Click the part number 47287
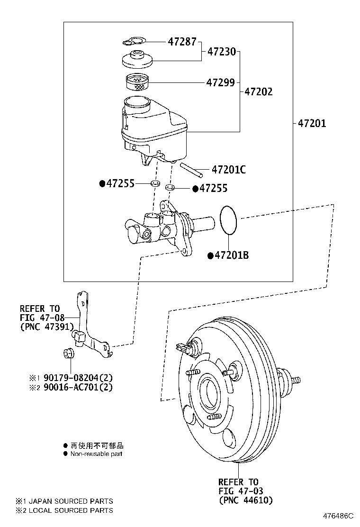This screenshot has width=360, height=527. click(182, 42)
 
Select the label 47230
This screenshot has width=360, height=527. click(221, 52)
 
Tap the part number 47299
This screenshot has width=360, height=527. click(220, 82)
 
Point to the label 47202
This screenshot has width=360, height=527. click(259, 91)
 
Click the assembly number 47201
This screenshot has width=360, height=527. click(312, 124)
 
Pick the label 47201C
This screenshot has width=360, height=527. click(228, 169)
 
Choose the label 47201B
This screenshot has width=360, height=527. click(231, 255)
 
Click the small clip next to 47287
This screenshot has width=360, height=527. click(135, 42)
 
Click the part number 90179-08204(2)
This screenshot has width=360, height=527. click(78, 378)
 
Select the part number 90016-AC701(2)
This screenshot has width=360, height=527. click(78, 387)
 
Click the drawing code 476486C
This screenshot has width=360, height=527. click(338, 515)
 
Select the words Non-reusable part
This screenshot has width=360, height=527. click(96, 454)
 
